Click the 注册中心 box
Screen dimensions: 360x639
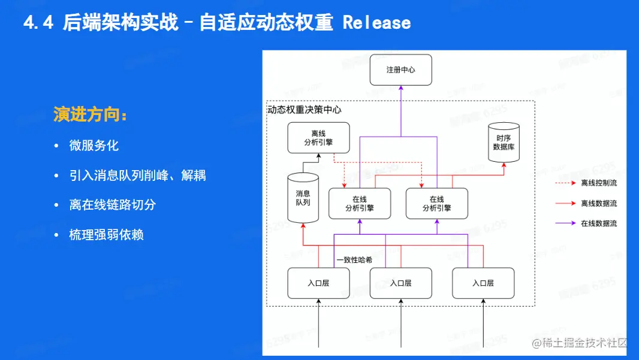pyautogui.click(x=400, y=70)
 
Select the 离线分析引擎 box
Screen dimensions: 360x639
pyautogui.click(x=318, y=138)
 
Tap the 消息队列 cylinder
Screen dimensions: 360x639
pyautogui.click(x=303, y=198)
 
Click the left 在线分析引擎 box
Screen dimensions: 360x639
pyautogui.click(x=360, y=204)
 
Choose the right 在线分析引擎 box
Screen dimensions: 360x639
pyautogui.click(x=436, y=204)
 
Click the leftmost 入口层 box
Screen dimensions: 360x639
pyautogui.click(x=318, y=283)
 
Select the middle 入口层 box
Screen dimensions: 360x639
pyautogui.click(x=400, y=283)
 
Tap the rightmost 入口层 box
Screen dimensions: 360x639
pyautogui.click(x=483, y=283)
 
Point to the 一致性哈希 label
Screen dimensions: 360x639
pyautogui.click(x=354, y=260)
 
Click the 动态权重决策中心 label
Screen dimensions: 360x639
pyautogui.click(x=305, y=110)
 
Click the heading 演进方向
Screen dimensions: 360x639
pyautogui.click(x=91, y=114)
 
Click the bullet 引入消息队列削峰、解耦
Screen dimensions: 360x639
pyautogui.click(x=138, y=176)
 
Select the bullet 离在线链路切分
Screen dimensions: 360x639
pyautogui.click(x=113, y=205)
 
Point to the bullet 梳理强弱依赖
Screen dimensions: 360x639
pyautogui.click(x=106, y=235)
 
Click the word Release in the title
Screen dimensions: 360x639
pyautogui.click(x=376, y=23)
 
